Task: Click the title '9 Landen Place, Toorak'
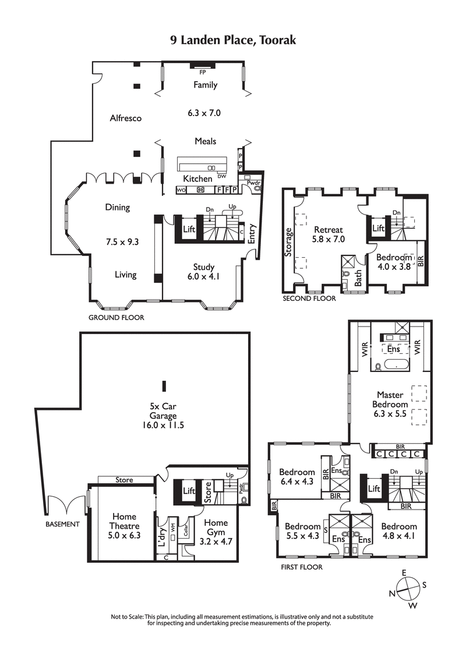coord(233,40)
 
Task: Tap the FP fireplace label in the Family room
coord(203,72)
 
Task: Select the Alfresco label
coord(126,118)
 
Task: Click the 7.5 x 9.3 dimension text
coord(117,241)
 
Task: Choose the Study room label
coord(204,268)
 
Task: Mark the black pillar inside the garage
coord(164,385)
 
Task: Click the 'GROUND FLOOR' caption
coord(116,318)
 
